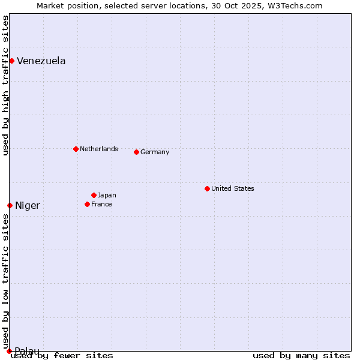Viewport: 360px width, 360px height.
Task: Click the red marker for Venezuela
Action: (11, 61)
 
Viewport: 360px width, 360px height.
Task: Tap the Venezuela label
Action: (41, 61)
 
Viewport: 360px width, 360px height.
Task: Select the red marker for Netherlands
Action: (76, 149)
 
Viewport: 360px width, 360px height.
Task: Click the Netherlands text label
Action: (98, 149)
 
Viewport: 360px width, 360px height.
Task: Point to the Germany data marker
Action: (136, 152)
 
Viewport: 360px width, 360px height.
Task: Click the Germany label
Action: (155, 152)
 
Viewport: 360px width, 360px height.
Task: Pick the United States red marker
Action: (207, 188)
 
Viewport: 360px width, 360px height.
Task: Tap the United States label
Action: (232, 188)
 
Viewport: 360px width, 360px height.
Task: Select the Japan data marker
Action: (94, 195)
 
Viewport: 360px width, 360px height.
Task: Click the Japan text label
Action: (107, 196)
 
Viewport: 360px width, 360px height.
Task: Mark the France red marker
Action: (87, 204)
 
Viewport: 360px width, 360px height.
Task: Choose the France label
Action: (101, 205)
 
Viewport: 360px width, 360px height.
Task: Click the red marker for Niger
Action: (10, 205)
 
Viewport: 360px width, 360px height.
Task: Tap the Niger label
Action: (28, 206)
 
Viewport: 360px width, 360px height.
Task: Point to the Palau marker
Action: (9, 351)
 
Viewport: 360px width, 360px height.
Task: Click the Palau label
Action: (27, 351)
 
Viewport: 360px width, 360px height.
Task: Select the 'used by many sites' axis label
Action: (301, 356)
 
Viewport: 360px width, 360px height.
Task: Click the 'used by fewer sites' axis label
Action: (62, 356)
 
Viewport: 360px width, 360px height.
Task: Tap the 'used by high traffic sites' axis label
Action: (5, 85)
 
